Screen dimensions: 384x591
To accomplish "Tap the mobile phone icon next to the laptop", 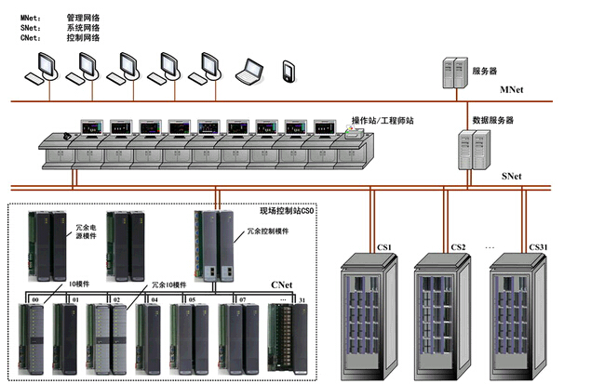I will click(289, 71).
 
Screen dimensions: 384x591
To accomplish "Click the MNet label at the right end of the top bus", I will click(512, 90).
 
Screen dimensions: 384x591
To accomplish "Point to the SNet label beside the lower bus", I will click(512, 175).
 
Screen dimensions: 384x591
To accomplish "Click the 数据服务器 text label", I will click(492, 121).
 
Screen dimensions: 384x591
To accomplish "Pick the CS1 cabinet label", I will click(383, 247).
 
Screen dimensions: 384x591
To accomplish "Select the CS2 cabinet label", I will click(458, 247).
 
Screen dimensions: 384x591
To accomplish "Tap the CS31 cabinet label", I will click(538, 247).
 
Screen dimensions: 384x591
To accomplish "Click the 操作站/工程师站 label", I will click(384, 121).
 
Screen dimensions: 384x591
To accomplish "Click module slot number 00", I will click(35, 299).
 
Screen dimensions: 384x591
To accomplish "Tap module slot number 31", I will click(302, 300).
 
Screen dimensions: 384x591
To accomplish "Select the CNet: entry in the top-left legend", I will click(30, 39).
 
